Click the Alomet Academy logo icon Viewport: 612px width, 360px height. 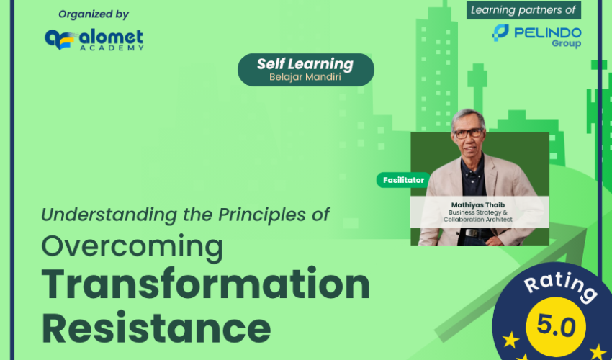(x=59, y=40)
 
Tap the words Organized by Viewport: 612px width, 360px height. (x=94, y=14)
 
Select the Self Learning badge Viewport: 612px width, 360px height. (x=305, y=70)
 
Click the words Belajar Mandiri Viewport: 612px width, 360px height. (x=305, y=76)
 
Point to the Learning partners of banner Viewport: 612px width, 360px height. (x=523, y=10)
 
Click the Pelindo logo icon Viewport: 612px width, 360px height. (x=500, y=33)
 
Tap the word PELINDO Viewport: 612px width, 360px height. (x=548, y=32)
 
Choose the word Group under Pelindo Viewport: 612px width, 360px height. (x=567, y=43)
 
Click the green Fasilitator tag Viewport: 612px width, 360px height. (x=403, y=180)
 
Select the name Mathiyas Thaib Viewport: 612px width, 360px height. (x=478, y=205)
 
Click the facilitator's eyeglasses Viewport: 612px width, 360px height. (x=469, y=133)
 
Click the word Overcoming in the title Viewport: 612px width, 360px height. (x=132, y=248)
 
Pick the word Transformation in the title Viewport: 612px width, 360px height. (x=205, y=284)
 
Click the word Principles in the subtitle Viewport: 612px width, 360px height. (x=261, y=215)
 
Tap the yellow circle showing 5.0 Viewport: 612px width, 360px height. (x=556, y=326)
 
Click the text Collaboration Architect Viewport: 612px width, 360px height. (x=478, y=220)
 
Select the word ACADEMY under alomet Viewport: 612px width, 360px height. (x=112, y=48)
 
